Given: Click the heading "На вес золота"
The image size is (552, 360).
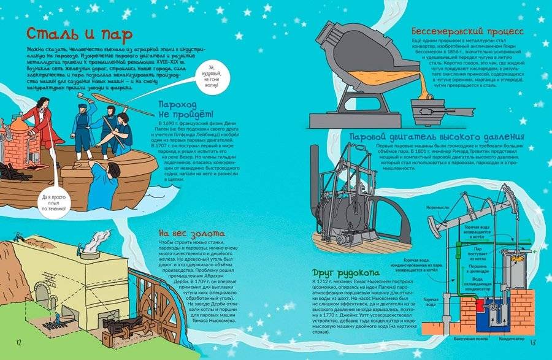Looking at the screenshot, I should [191, 234].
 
